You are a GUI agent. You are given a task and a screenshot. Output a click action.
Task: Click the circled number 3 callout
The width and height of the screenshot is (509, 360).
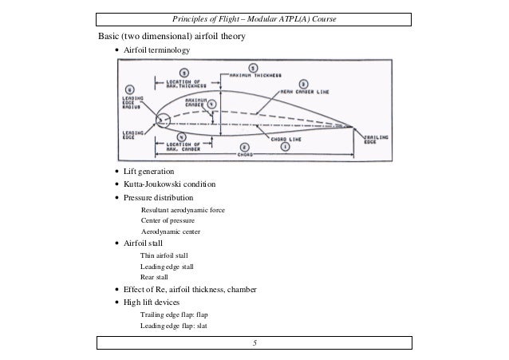click(x=303, y=82)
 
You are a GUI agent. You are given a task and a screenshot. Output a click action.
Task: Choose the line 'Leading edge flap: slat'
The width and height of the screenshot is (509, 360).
click(x=173, y=326)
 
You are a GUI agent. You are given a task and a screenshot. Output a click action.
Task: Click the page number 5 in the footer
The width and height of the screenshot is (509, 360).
click(x=254, y=343)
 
